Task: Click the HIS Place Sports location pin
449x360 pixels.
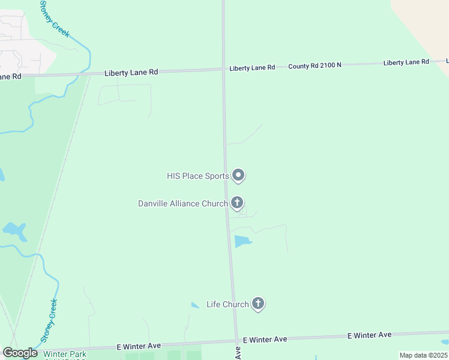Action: click(x=238, y=176)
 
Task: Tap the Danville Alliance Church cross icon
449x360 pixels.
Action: click(x=237, y=203)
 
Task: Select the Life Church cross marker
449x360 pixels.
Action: click(x=258, y=304)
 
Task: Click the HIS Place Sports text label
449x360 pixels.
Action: click(x=197, y=176)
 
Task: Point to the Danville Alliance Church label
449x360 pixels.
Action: click(x=182, y=203)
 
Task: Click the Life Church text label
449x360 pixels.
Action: click(x=227, y=304)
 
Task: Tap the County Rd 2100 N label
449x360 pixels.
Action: click(x=315, y=65)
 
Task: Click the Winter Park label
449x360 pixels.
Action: click(x=65, y=354)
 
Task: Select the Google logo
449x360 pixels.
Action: click(x=20, y=353)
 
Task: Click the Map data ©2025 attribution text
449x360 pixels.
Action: click(x=423, y=355)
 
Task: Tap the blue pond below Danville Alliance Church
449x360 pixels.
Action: click(x=241, y=242)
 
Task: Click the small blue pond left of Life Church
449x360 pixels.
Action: click(x=195, y=305)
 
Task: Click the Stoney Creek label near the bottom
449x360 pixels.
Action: click(x=50, y=320)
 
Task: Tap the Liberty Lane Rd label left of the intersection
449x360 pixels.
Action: click(x=131, y=72)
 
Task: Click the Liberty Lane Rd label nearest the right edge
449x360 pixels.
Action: click(x=406, y=62)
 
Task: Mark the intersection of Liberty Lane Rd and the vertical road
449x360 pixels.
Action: click(x=223, y=69)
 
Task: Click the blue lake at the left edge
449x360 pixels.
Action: click(x=14, y=230)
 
